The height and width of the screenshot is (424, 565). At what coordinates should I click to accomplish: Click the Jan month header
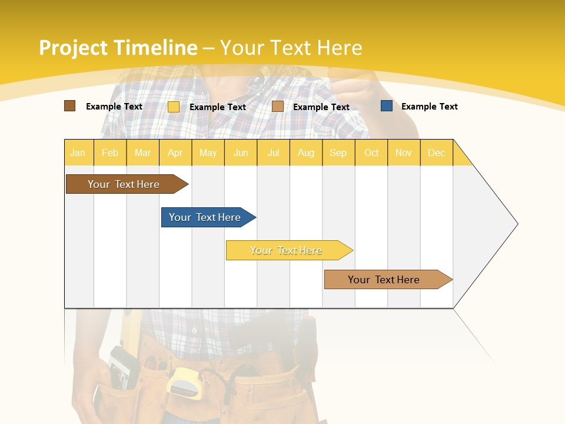(x=78, y=153)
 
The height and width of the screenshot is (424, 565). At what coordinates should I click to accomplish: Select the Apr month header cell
(x=175, y=153)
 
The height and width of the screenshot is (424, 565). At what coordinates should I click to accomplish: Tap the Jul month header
(x=273, y=153)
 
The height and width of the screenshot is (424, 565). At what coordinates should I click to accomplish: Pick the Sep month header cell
(x=338, y=153)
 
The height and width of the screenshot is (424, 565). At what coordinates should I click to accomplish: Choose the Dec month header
(x=436, y=153)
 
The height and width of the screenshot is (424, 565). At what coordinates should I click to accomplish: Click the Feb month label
(x=110, y=153)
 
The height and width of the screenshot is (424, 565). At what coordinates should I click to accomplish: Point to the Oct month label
(x=371, y=153)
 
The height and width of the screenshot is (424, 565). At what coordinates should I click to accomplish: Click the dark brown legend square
(x=70, y=106)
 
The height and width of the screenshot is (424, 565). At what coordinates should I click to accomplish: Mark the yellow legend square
(x=174, y=107)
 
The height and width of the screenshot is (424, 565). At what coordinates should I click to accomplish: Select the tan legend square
(x=278, y=107)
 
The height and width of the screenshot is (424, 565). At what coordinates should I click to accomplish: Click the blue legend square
(x=387, y=106)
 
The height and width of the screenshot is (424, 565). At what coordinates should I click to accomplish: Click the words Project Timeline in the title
(x=118, y=48)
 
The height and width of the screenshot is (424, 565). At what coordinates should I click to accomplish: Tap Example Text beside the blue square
(x=429, y=107)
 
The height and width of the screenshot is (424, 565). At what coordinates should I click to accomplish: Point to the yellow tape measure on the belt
(x=184, y=382)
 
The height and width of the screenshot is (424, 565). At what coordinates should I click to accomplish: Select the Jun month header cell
(x=241, y=153)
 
